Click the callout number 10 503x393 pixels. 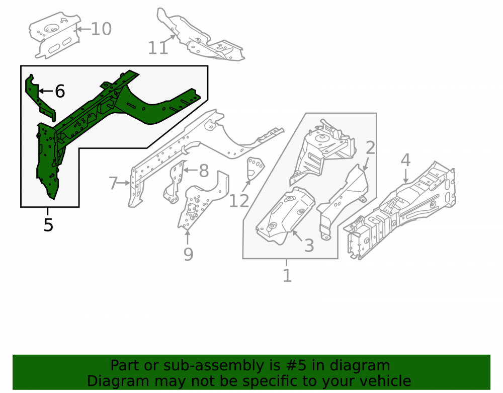101,29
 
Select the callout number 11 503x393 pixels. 157,48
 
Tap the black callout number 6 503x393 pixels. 60,91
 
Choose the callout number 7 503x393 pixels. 113,183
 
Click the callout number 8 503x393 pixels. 204,171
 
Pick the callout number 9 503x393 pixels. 188,254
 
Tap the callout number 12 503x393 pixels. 239,201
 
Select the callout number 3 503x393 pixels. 309,246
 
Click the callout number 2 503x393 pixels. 370,147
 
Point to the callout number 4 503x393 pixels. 406,160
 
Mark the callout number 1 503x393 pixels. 287,275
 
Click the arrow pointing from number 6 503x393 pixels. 46,91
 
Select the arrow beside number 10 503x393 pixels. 83,29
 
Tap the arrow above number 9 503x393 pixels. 187,238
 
